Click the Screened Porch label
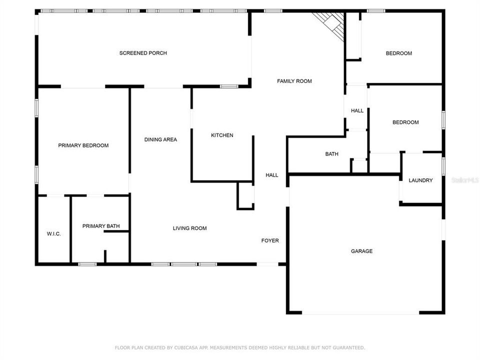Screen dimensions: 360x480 tap(143, 53)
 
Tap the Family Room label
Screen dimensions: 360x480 tap(294, 81)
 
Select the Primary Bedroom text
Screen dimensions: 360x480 tap(83, 145)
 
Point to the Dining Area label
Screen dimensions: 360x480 tap(160, 139)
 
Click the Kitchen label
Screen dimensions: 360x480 tap(222, 135)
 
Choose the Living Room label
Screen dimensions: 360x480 tap(189, 228)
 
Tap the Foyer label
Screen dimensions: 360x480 tap(270, 240)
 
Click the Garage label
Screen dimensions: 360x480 tap(361, 251)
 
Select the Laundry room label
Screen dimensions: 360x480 tap(420, 180)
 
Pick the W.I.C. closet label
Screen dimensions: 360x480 tap(54, 234)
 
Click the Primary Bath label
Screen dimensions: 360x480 tap(101, 226)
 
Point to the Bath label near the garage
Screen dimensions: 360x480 tap(332, 154)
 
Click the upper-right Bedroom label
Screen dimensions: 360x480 tap(398, 53)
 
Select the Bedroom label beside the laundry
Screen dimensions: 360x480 tap(405, 122)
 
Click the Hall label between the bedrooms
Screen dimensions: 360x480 tap(357, 110)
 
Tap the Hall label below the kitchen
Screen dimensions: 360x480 tap(272, 175)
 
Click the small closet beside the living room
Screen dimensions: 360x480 tap(245, 195)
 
